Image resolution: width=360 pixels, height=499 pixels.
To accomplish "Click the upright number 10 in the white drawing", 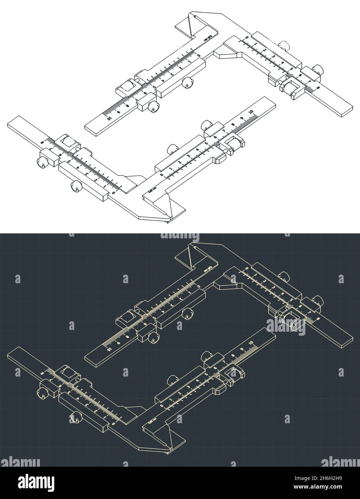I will (x=251, y=111).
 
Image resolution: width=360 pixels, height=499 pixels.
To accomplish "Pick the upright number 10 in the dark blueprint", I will (x=251, y=342).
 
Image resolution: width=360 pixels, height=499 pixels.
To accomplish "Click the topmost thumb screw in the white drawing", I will (x=284, y=45).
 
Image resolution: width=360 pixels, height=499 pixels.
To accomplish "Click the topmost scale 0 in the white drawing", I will (x=246, y=37).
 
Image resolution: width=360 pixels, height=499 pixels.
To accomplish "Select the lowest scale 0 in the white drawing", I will (x=114, y=193).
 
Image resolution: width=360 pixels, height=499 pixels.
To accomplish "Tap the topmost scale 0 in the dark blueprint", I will (x=246, y=268).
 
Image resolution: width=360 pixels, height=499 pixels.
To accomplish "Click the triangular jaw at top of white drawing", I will (x=190, y=27).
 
